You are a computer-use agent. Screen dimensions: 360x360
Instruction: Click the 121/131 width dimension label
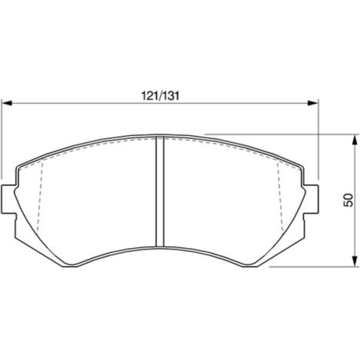click(160, 96)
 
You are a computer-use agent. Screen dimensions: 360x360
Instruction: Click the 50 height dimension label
click(348, 200)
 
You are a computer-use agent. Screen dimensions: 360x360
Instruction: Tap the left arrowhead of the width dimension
click(7, 103)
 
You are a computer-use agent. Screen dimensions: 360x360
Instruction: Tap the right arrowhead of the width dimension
click(313, 103)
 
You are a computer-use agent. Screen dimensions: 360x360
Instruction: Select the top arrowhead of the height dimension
click(355, 140)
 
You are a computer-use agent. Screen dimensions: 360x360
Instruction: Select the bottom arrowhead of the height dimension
click(355, 261)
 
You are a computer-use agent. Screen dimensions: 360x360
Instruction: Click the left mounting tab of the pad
click(9, 199)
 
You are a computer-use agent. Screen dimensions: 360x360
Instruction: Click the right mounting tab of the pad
click(311, 199)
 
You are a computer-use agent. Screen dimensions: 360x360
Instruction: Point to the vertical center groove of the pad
click(160, 192)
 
